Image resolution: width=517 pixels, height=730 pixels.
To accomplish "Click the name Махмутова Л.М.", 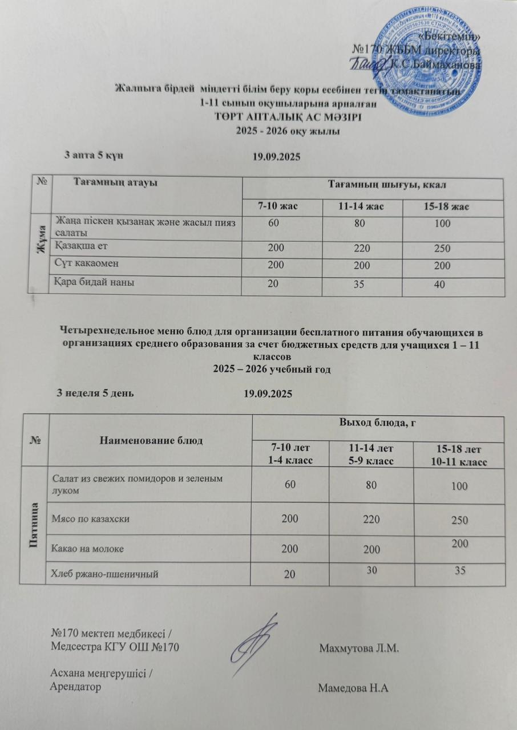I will point(358,648).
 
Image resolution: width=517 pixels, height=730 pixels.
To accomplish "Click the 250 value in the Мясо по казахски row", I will point(458,520).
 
